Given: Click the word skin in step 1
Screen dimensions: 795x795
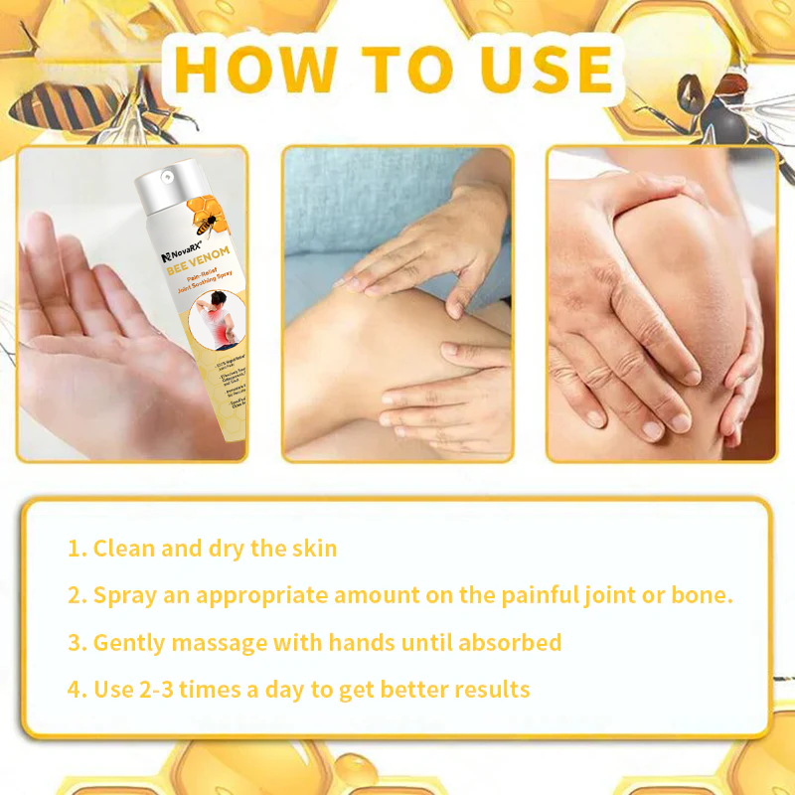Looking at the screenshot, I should click(314, 549).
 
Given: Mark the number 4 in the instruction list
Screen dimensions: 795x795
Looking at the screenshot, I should click(75, 689).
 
